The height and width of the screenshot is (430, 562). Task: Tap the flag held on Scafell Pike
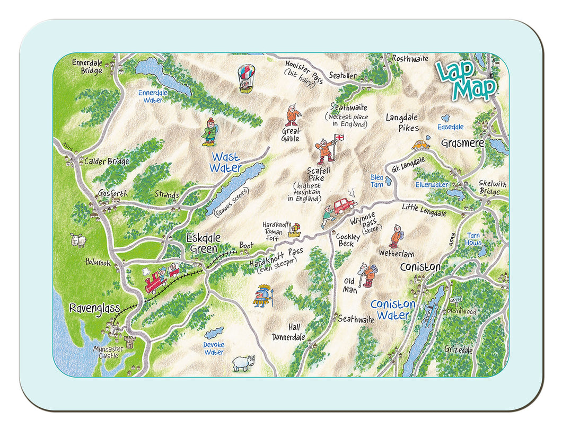coord(340,138)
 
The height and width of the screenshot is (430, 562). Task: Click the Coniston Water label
coord(393,310)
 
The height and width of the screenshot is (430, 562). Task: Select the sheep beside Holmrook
coord(78,240)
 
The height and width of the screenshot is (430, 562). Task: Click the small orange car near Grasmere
coord(420,144)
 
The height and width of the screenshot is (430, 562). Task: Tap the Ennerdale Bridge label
coord(88,67)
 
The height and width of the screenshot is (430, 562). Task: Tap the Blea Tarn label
coord(377,181)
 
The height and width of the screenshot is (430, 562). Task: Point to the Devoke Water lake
coord(214,333)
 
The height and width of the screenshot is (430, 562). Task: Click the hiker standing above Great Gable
coord(292,115)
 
